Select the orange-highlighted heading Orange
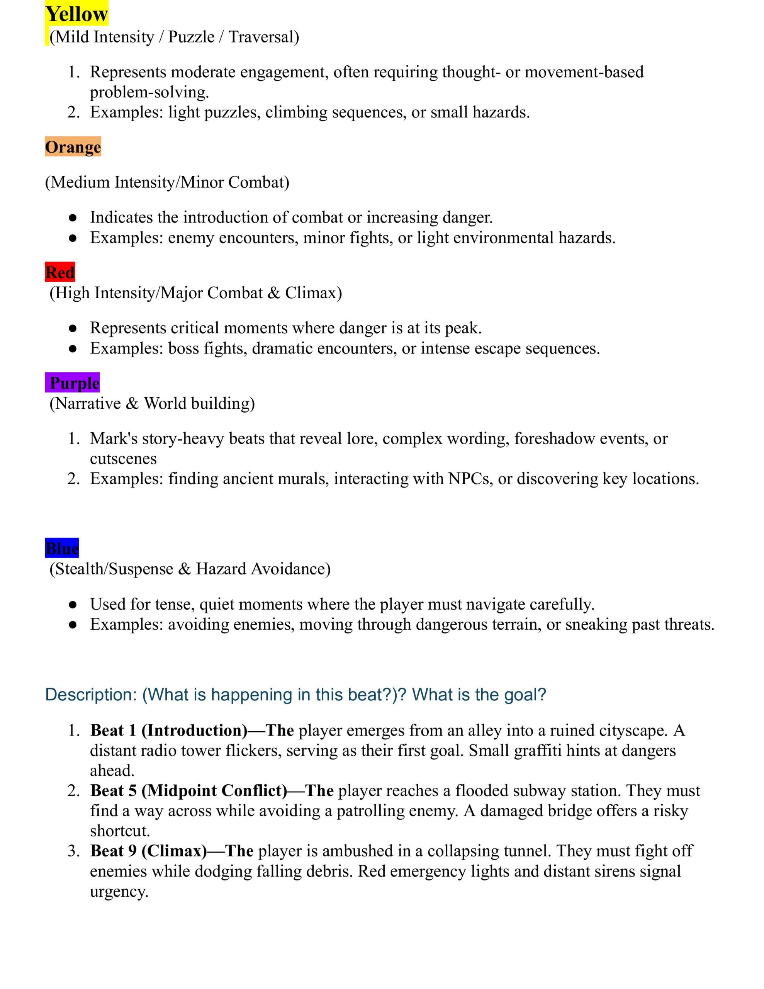click(x=73, y=147)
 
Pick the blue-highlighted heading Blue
click(x=62, y=548)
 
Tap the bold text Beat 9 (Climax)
click(x=148, y=850)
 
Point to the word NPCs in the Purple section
click(x=468, y=478)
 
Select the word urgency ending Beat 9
click(x=119, y=891)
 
